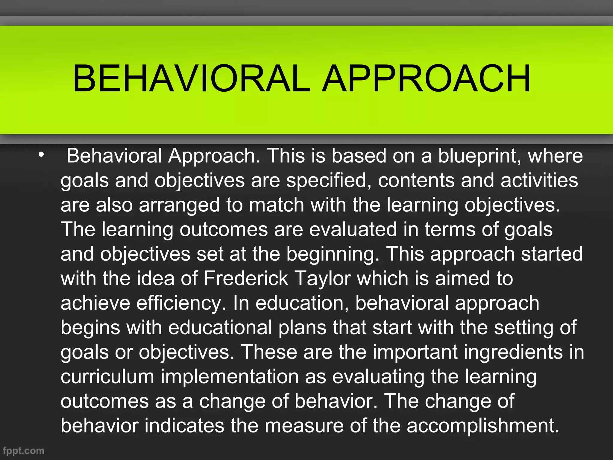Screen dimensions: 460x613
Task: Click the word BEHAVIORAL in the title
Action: [x=192, y=78]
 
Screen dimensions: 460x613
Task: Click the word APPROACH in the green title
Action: [x=426, y=78]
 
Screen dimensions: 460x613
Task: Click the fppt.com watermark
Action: [x=23, y=450]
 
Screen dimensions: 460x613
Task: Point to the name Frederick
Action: [x=246, y=279]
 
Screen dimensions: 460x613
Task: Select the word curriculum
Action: [x=107, y=376]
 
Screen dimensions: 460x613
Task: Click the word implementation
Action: [x=230, y=377]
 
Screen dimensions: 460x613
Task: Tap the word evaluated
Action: [x=353, y=230]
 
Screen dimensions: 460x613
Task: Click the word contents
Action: [x=416, y=181]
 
